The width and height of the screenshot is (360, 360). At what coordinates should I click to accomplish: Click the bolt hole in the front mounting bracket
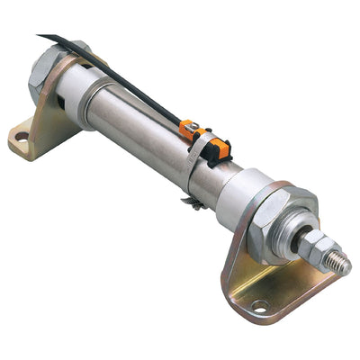(259, 306)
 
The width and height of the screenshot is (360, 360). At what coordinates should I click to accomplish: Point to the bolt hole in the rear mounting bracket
(22, 138)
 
